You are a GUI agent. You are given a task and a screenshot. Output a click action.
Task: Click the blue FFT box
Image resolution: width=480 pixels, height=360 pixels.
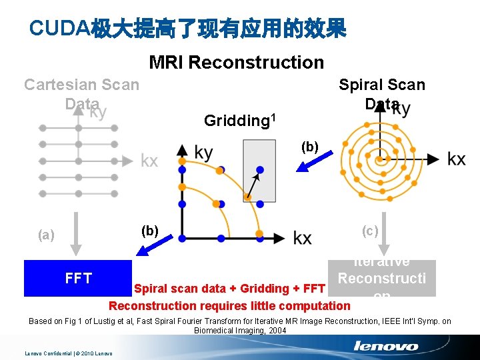tap(77, 278)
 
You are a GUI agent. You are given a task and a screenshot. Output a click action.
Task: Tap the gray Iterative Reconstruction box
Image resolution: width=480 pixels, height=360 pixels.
tap(382, 278)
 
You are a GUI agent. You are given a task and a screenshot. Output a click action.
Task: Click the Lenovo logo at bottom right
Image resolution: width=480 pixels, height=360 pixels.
tap(386, 346)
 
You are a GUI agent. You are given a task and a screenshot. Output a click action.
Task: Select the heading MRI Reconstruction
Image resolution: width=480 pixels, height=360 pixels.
tap(236, 63)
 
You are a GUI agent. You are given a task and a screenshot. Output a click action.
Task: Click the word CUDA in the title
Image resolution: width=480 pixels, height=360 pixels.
tap(60, 28)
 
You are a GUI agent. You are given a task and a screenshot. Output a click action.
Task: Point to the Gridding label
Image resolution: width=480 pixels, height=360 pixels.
tap(233, 121)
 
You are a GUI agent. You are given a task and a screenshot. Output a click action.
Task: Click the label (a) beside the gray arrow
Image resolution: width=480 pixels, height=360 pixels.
tap(47, 234)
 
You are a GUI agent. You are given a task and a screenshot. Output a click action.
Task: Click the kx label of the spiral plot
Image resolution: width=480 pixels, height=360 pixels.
tap(457, 159)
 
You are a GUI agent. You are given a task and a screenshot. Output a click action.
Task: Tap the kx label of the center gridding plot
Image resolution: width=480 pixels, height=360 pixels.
tap(302, 238)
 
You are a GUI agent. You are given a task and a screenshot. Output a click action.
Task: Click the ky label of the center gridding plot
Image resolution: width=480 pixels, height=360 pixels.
tap(204, 153)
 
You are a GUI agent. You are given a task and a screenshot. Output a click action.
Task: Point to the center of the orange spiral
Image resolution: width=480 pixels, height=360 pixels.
tap(379, 159)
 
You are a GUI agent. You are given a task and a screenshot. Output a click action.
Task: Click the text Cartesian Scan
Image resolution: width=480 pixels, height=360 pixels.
tap(81, 85)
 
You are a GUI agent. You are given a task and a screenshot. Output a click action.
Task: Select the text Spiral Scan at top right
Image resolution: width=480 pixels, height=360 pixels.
tap(381, 85)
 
